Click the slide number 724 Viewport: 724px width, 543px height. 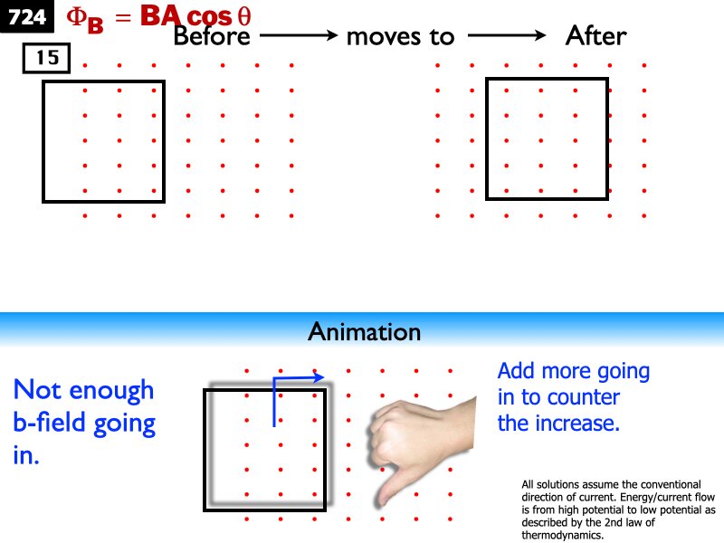pyautogui.click(x=27, y=15)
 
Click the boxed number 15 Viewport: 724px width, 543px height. pyautogui.click(x=47, y=59)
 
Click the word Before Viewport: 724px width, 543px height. pyautogui.click(x=211, y=36)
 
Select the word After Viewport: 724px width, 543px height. pyautogui.click(x=595, y=36)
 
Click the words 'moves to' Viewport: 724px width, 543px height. pyautogui.click(x=400, y=36)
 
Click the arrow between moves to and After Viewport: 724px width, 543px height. pyautogui.click(x=507, y=36)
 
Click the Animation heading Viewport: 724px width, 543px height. pyautogui.click(x=365, y=332)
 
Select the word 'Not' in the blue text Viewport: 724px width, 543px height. pyautogui.click(x=39, y=390)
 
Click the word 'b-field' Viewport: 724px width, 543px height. pyautogui.click(x=59, y=424)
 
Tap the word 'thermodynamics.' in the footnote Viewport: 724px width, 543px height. pyautogui.click(x=562, y=535)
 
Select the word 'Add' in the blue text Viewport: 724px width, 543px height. pyautogui.click(x=517, y=371)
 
